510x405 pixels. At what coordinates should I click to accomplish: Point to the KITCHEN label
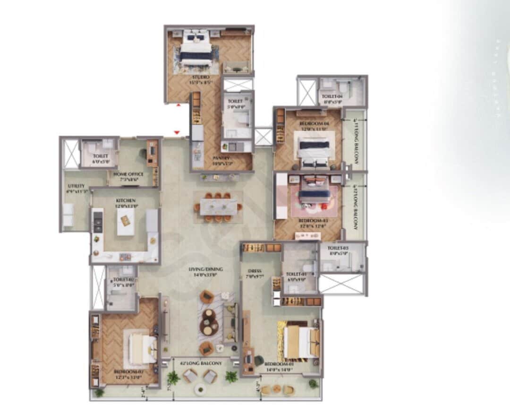tap(125, 200)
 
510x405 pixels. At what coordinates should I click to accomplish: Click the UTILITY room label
tap(76, 186)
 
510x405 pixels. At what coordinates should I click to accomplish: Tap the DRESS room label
tap(255, 271)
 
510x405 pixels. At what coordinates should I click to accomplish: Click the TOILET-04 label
tap(332, 96)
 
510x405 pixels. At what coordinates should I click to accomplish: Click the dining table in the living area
tap(218, 206)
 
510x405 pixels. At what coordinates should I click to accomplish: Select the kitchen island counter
tap(126, 221)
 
